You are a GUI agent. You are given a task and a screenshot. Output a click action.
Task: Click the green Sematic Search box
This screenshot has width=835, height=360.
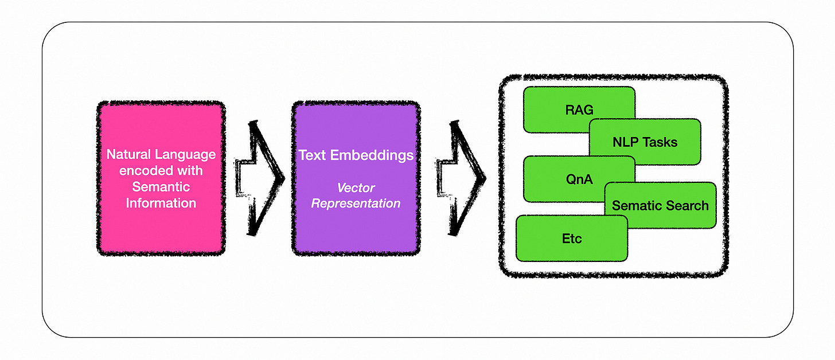pyautogui.click(x=660, y=206)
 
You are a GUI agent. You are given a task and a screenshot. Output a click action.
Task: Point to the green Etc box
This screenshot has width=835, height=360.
pyautogui.click(x=571, y=238)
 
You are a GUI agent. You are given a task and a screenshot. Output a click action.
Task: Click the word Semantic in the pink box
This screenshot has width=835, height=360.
pyautogui.click(x=161, y=187)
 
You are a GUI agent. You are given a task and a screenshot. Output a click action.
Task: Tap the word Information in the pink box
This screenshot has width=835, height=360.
pyautogui.click(x=161, y=203)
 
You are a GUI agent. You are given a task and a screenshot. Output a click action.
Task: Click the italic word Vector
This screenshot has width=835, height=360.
pyautogui.click(x=356, y=187)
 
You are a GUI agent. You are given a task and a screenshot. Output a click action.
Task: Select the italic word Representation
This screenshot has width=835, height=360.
pyautogui.click(x=356, y=204)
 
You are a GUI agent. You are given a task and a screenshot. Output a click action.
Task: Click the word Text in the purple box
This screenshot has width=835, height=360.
pyautogui.click(x=311, y=155)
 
